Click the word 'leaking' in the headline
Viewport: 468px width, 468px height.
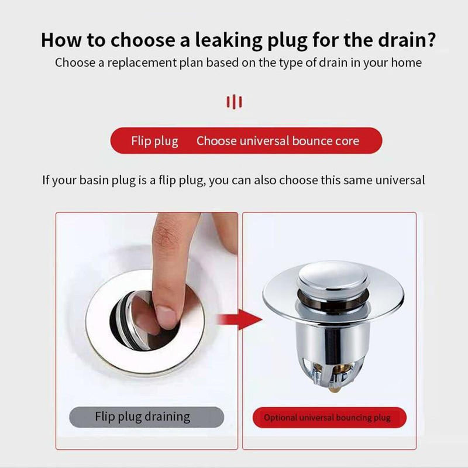tap(229, 40)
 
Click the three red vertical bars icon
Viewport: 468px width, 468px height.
tap(235, 102)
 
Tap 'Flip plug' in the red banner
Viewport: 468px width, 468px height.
tap(154, 141)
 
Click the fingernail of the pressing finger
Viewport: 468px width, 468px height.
tap(166, 317)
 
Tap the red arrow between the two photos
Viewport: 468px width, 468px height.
tap(240, 319)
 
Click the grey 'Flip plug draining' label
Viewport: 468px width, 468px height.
tap(147, 417)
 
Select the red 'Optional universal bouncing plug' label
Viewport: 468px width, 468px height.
tap(329, 417)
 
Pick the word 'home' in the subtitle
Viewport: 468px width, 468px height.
tap(406, 63)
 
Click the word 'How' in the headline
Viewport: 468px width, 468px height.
tap(61, 40)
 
